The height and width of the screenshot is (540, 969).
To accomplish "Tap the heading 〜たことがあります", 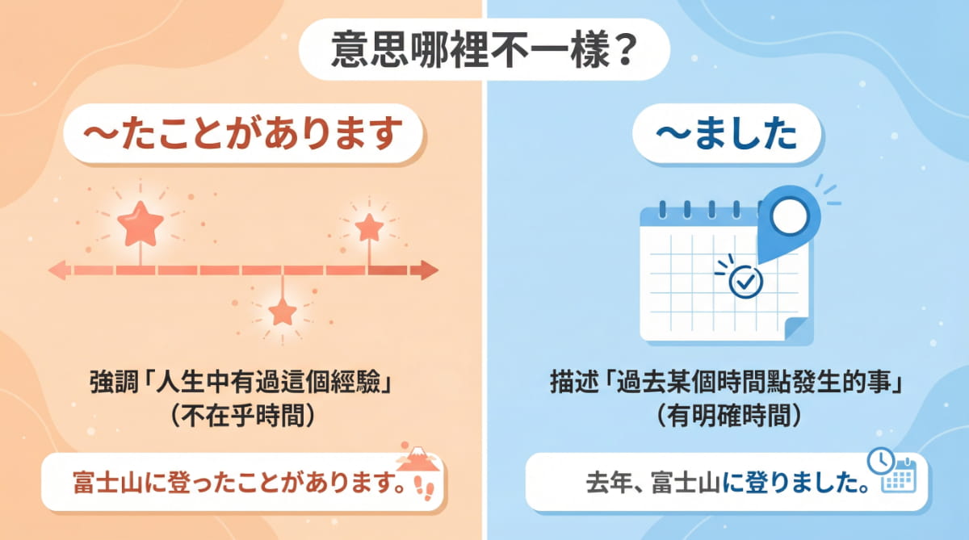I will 241,135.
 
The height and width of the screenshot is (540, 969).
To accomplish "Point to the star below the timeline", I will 282,311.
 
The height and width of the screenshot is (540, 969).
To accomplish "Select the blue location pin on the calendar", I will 789,216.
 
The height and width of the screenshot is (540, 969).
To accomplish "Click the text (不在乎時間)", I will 241,414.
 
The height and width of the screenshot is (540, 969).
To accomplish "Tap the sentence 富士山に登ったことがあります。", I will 235,485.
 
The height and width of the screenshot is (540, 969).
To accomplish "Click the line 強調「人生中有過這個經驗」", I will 241,382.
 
